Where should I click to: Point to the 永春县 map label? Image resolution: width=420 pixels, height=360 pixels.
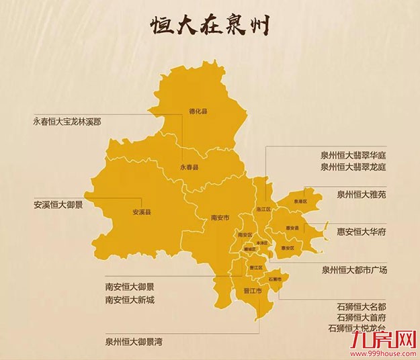pyautogui.click(x=190, y=165)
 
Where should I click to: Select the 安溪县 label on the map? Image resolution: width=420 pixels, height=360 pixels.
pyautogui.click(x=141, y=212)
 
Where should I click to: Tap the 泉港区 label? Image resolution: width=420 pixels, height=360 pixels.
pyautogui.click(x=300, y=201)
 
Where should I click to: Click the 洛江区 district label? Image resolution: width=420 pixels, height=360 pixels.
pyautogui.click(x=263, y=210)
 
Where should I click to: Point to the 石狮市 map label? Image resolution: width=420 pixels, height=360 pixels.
pyautogui.click(x=275, y=278)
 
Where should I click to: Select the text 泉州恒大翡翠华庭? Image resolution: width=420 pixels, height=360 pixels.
pyautogui.click(x=353, y=154)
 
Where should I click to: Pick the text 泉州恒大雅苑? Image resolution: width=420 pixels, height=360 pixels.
pyautogui.click(x=362, y=194)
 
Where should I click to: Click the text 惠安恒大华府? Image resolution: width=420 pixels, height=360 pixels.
pyautogui.click(x=362, y=232)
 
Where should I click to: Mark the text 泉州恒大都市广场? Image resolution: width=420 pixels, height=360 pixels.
pyautogui.click(x=354, y=270)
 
